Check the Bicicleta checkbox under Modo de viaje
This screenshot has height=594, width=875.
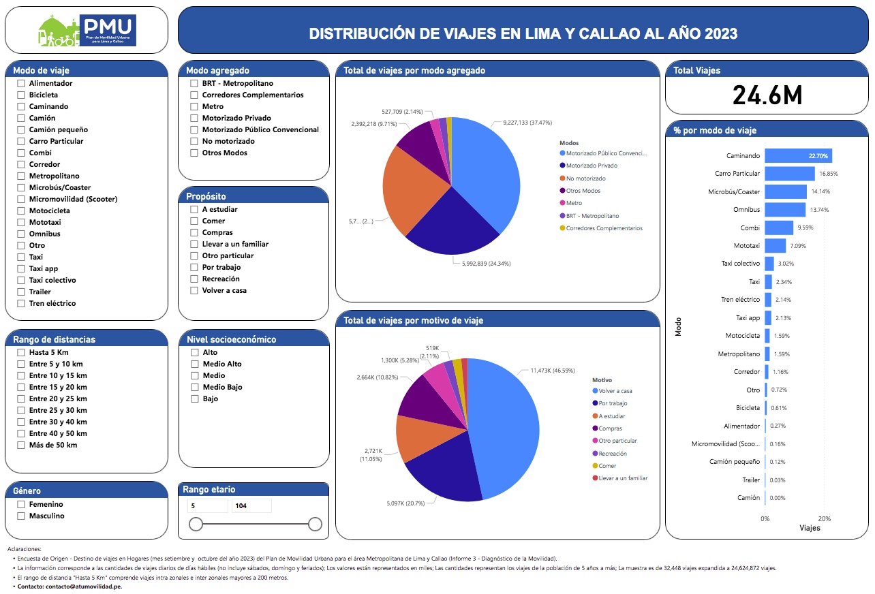click(21, 95)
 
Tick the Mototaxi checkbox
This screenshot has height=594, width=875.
click(21, 222)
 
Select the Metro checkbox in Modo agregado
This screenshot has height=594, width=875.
click(194, 106)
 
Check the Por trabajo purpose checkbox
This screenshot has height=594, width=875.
click(194, 267)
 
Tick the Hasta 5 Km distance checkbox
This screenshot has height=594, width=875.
click(21, 352)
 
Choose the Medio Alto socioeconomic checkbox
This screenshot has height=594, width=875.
click(194, 364)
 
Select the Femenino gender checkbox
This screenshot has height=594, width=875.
click(21, 504)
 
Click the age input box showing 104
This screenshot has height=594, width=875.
click(251, 505)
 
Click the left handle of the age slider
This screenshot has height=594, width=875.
click(196, 524)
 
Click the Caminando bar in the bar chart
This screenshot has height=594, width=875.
click(797, 156)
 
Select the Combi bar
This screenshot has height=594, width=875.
click(778, 228)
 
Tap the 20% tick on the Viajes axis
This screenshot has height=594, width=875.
click(824, 518)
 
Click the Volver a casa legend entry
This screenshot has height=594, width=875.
click(615, 391)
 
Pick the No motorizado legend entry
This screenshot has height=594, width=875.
click(585, 178)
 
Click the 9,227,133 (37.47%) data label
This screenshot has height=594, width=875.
click(527, 123)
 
